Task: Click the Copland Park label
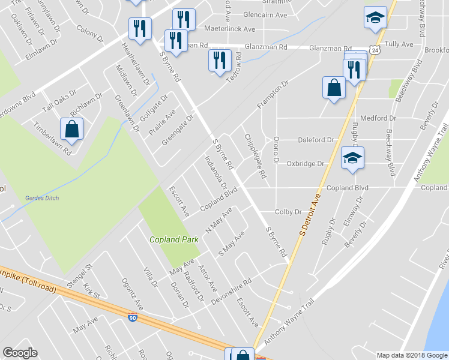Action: (x=174, y=239)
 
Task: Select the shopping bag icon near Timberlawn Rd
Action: (x=71, y=129)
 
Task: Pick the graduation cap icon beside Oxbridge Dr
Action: (x=352, y=158)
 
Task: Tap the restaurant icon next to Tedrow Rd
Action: (x=220, y=61)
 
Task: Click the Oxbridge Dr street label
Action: (x=305, y=163)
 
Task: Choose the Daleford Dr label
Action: (x=316, y=140)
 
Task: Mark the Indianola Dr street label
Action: (x=215, y=173)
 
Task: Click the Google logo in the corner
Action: (x=20, y=353)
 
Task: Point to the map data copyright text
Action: (x=411, y=355)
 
